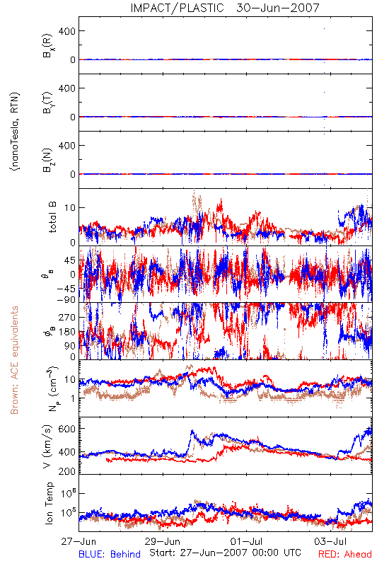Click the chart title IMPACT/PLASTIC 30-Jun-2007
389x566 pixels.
tap(225, 8)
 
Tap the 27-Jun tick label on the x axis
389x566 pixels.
tap(79, 542)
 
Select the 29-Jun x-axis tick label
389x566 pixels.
tap(163, 542)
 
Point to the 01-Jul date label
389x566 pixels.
tap(246, 542)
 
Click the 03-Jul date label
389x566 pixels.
tap(330, 542)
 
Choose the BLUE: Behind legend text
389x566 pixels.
tap(110, 554)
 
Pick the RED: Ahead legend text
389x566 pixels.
tap(345, 554)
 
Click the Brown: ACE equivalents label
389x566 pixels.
tap(14, 360)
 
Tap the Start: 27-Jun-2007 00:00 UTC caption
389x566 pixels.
tap(225, 553)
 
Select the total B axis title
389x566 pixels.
tap(52, 217)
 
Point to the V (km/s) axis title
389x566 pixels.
tap(47, 446)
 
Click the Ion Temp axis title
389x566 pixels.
tap(49, 503)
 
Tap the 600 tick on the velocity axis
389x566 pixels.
tap(66, 429)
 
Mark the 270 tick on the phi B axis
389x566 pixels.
tap(66, 317)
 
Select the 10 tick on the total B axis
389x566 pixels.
tap(70, 208)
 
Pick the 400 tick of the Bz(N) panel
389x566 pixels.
tap(66, 146)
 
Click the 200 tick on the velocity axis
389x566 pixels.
tap(66, 471)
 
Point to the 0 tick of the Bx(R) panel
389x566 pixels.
tap(73, 60)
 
